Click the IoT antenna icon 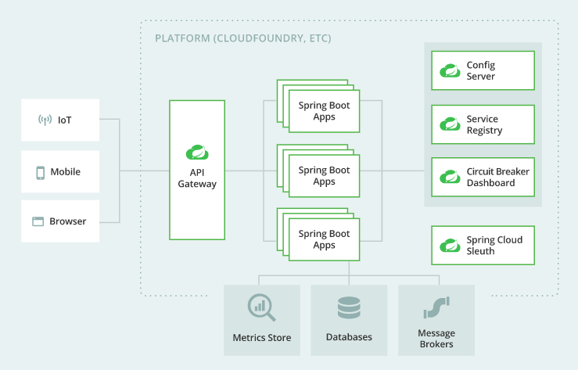45,120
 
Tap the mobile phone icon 40,172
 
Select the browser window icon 38,221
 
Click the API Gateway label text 197,178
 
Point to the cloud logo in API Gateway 196,152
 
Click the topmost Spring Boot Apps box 323,111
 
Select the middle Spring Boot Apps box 323,175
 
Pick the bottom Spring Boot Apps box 323,239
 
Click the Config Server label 481,70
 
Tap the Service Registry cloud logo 450,124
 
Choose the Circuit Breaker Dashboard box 483,177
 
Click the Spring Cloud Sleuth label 494,246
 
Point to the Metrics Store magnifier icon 261,308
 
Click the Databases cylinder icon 349,308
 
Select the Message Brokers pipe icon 436,308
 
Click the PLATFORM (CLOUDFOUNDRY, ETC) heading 242,38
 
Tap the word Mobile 66,172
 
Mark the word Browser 68,221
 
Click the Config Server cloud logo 450,71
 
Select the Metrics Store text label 262,338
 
